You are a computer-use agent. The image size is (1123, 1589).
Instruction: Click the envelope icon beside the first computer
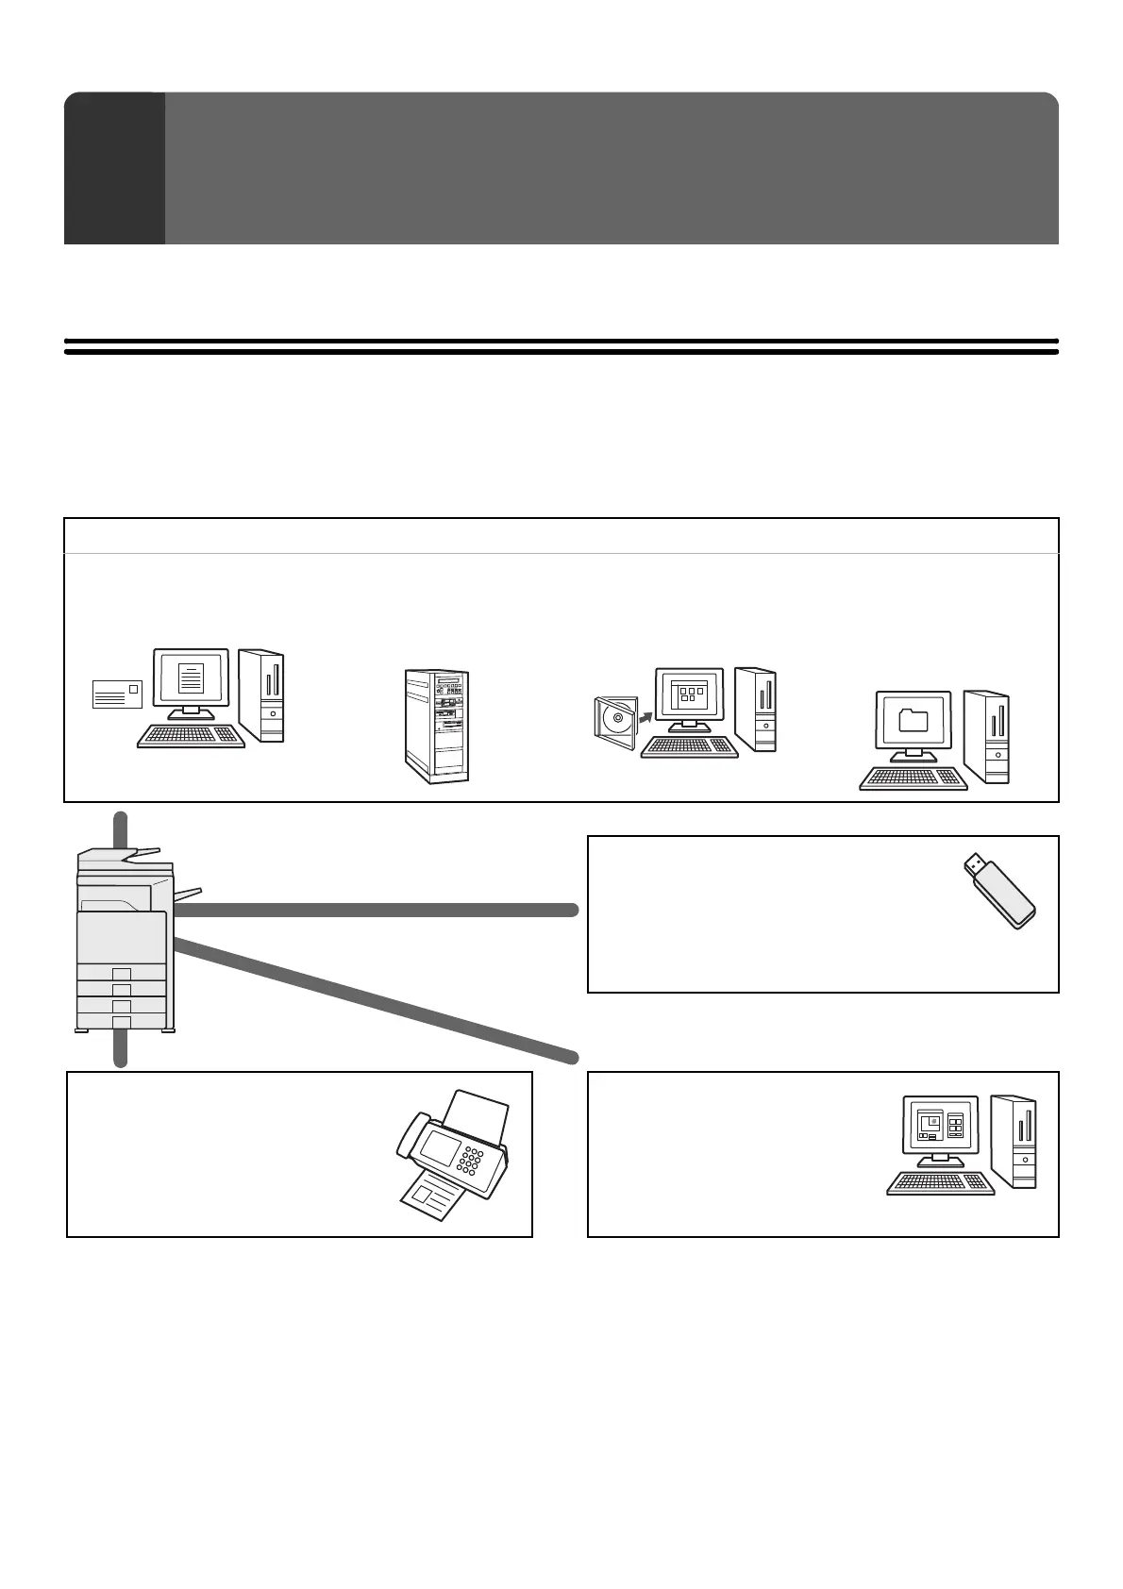pos(117,694)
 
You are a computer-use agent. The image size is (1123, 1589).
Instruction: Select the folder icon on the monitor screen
pos(913,721)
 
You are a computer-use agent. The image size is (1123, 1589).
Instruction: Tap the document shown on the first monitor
pos(192,678)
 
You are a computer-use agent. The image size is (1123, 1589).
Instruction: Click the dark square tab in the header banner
pos(114,168)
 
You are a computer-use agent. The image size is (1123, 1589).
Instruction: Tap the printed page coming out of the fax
pos(429,1198)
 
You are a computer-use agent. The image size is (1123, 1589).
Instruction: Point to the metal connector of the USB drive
pos(974,863)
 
